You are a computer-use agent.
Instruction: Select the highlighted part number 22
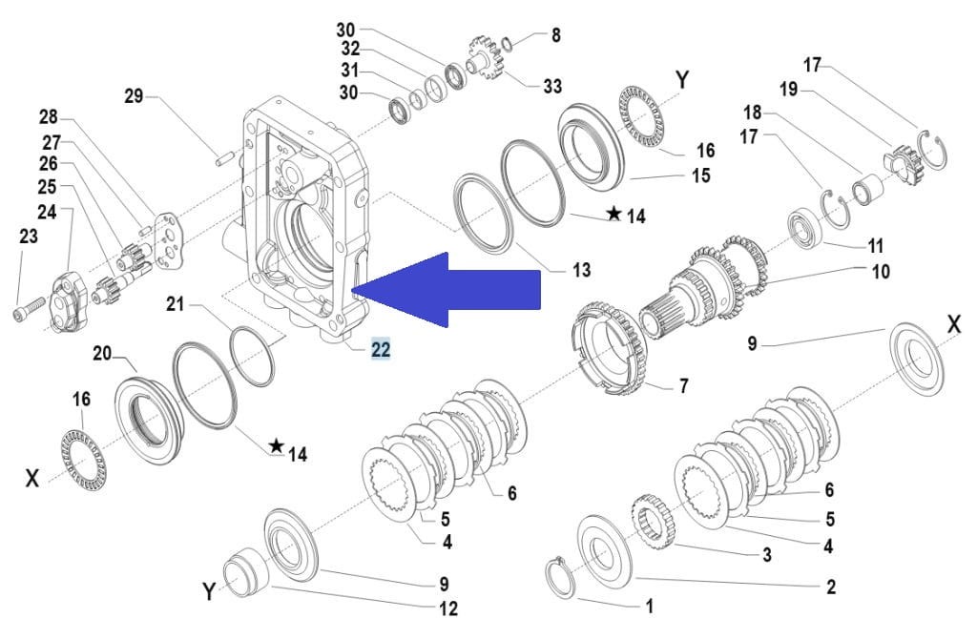click(380, 350)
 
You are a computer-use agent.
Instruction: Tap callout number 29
click(134, 95)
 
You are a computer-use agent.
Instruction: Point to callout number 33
click(552, 87)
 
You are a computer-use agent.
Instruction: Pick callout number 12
click(447, 608)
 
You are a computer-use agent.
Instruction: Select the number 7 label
click(683, 386)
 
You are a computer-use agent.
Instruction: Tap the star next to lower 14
click(276, 445)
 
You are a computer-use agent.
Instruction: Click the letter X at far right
click(953, 324)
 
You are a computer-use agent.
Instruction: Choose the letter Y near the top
click(682, 79)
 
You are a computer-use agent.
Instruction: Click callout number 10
click(880, 272)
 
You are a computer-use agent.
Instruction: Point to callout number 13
click(581, 270)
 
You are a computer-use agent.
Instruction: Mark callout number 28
click(48, 117)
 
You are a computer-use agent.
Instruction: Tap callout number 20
click(102, 354)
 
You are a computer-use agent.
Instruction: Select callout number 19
click(788, 89)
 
